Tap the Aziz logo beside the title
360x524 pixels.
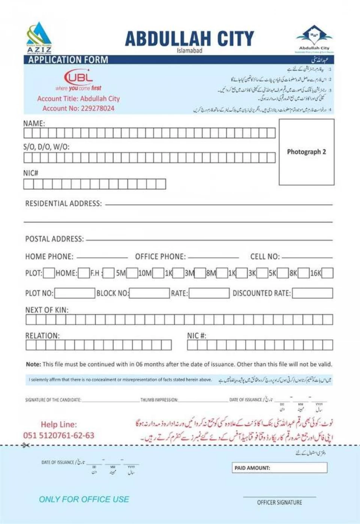click(x=39, y=38)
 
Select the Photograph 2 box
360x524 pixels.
click(x=306, y=152)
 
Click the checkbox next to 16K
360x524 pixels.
click(x=327, y=273)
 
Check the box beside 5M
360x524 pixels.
click(x=132, y=273)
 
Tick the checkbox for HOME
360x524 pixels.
click(x=84, y=273)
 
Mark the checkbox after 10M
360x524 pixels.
click(x=158, y=273)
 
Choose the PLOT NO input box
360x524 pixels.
click(x=75, y=293)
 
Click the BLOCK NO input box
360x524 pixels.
click(x=149, y=293)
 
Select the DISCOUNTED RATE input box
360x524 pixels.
click(x=312, y=293)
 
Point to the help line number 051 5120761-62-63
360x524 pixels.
click(x=59, y=435)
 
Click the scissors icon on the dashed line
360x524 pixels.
click(x=25, y=445)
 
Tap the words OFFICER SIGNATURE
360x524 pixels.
click(x=279, y=502)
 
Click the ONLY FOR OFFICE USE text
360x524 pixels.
click(x=84, y=499)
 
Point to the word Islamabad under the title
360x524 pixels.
click(x=189, y=51)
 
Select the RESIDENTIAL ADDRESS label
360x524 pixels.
click(x=63, y=204)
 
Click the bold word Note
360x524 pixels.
click(x=33, y=364)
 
